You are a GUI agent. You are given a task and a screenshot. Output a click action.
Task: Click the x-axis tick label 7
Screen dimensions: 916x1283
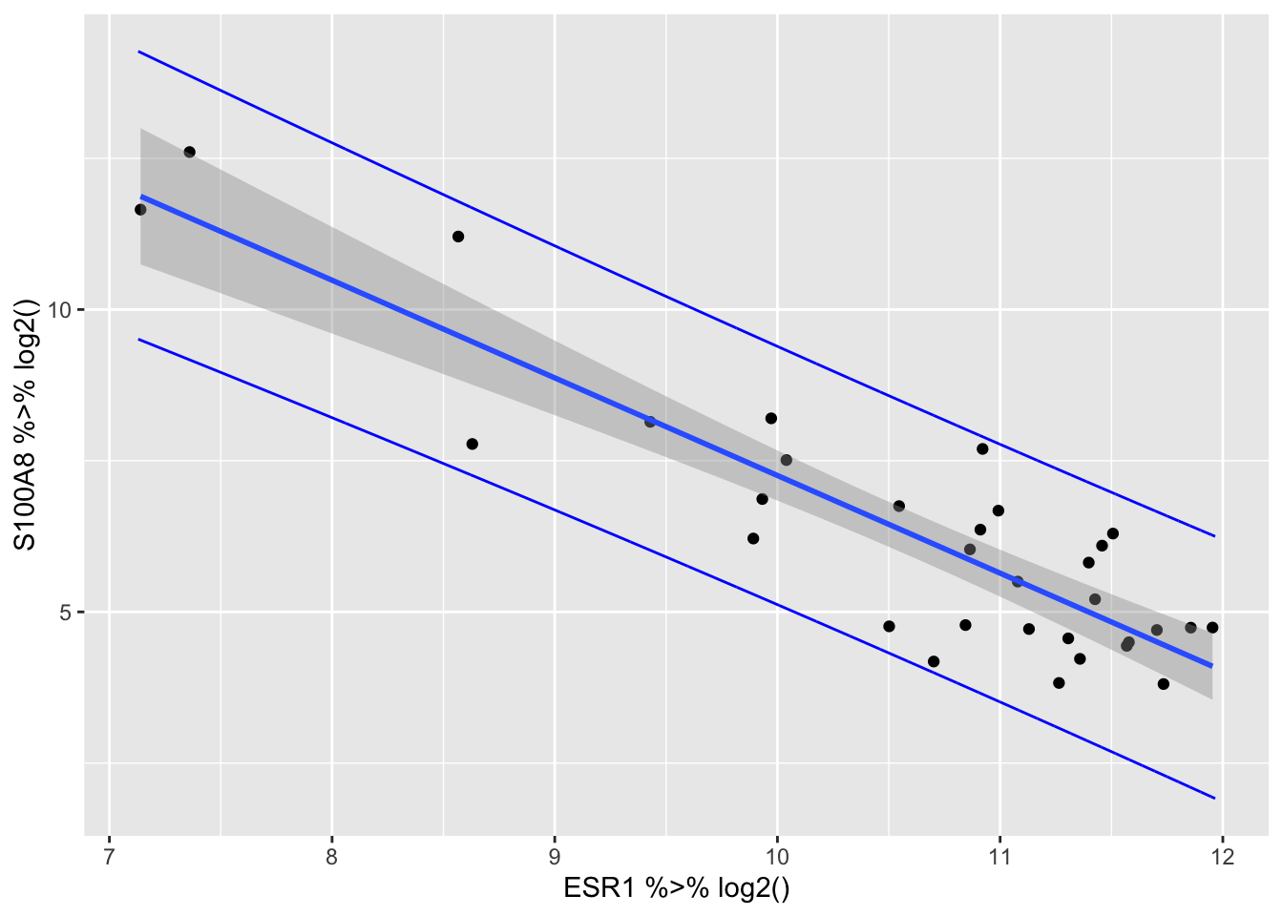coord(109,856)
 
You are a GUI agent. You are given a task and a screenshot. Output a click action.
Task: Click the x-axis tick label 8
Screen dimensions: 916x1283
coord(332,856)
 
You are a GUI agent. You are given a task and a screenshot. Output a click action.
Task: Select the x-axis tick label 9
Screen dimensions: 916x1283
coord(555,856)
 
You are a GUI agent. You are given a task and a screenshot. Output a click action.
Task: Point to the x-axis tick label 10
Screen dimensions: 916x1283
coord(777,856)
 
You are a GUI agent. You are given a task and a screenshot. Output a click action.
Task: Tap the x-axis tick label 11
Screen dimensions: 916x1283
coord(999,856)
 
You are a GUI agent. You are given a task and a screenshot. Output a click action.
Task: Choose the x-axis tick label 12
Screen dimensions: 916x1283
coord(1222,856)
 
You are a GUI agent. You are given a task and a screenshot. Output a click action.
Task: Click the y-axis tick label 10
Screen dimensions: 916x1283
coord(65,310)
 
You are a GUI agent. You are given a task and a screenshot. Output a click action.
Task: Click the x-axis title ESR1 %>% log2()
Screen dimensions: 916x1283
coord(677,889)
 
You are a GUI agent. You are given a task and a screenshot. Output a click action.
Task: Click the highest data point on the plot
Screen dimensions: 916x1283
coord(189,152)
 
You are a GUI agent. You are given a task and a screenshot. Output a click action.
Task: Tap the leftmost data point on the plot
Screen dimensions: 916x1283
coord(140,209)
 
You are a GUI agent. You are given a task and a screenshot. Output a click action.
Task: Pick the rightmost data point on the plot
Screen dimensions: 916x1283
coord(1212,627)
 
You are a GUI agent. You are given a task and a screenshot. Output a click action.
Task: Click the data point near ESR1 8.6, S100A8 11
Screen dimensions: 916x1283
coord(458,236)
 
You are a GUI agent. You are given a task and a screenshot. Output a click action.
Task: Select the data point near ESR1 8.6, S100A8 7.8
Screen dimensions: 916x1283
coord(472,444)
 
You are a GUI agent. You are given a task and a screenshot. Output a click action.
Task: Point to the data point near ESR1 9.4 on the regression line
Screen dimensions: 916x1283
coord(650,421)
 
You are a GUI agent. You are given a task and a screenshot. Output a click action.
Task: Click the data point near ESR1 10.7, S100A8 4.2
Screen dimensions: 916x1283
coord(934,661)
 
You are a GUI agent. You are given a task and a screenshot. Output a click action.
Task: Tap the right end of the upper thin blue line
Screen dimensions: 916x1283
coord(1214,536)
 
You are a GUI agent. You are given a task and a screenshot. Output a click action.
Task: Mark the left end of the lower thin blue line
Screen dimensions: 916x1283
coord(138,339)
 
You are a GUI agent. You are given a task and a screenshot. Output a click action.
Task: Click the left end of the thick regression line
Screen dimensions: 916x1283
coord(141,197)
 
